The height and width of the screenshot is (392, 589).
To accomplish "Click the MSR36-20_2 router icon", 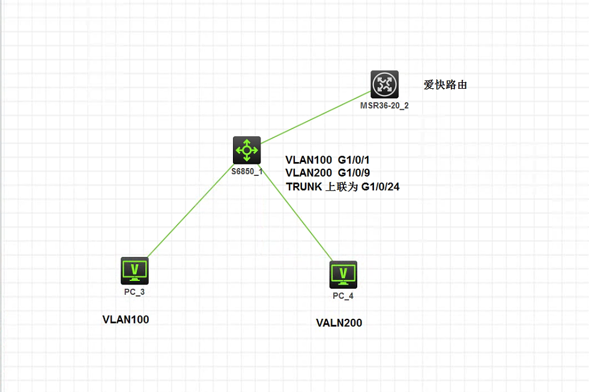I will [384, 84].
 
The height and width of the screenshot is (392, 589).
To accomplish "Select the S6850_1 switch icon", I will [247, 149].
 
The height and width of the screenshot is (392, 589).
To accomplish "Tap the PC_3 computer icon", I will [134, 270].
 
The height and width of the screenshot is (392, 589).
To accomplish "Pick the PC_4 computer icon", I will [343, 274].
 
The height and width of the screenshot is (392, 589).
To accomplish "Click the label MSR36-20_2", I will [385, 105].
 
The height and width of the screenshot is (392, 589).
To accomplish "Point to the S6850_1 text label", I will [247, 171].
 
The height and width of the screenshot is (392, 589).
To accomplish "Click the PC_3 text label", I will [134, 292].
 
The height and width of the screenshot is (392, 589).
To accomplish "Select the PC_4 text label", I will [343, 296].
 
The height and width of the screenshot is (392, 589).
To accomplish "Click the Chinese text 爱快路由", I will [446, 85].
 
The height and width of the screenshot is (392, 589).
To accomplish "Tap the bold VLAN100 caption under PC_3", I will [125, 319].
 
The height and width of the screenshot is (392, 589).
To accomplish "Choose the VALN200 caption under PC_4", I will [339, 323].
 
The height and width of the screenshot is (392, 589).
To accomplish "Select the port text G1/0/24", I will [380, 187].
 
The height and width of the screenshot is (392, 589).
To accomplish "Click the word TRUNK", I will [304, 187].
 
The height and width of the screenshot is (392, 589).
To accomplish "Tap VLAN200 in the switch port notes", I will [309, 173].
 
